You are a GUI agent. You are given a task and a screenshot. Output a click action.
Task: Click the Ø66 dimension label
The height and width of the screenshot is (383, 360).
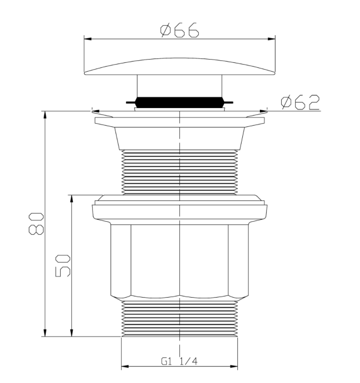179,30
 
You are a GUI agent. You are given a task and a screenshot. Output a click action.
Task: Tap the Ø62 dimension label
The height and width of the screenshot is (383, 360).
300,102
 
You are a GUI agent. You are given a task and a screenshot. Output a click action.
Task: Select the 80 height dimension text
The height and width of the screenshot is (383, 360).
36,223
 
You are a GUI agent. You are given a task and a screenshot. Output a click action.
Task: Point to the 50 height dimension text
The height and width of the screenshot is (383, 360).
63,266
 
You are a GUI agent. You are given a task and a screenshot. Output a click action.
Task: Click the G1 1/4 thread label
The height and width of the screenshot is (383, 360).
179,361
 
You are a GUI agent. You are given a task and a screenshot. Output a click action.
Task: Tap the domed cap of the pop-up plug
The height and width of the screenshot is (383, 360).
179,67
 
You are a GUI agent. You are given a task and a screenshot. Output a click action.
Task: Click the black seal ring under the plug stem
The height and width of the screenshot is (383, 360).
179,102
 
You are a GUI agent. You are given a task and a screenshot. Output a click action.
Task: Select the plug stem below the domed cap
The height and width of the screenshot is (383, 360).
179,86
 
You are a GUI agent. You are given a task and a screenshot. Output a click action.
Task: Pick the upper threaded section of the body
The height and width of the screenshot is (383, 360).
179,172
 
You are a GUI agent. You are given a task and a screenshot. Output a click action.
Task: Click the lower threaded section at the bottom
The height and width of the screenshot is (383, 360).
179,318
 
